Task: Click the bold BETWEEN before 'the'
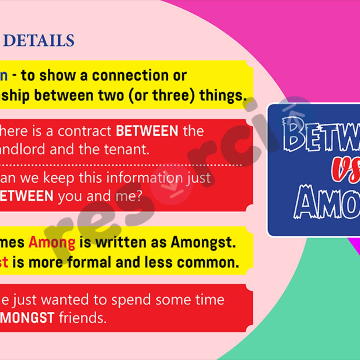click(147, 131)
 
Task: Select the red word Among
click(52, 243)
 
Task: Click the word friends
click(82, 318)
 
